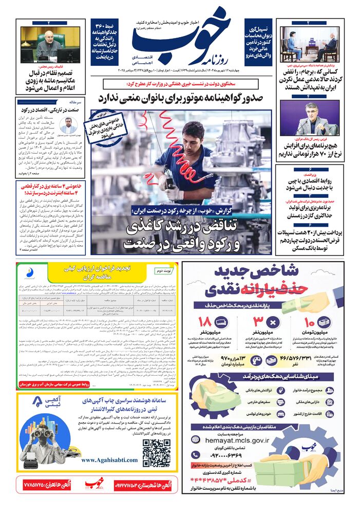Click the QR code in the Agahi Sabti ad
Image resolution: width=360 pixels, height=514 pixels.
[x=157, y=451]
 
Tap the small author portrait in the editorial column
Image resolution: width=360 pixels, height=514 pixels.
[x=68, y=124]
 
